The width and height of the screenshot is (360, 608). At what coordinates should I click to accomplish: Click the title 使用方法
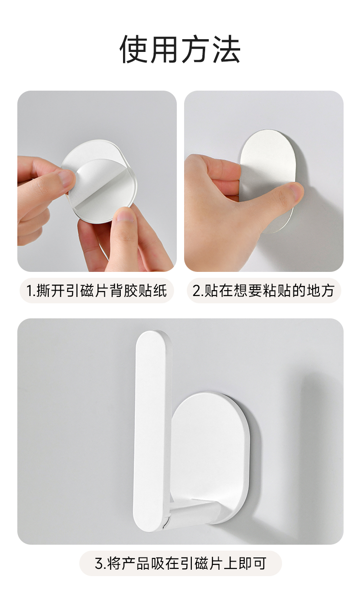click(x=180, y=49)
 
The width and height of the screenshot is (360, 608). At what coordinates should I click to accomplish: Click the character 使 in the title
click(x=134, y=49)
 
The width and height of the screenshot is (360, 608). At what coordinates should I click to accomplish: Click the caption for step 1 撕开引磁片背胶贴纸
click(x=97, y=291)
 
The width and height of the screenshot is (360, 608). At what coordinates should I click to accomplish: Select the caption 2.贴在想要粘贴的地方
click(x=263, y=291)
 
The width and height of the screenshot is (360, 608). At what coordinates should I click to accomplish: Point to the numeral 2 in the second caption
click(x=196, y=291)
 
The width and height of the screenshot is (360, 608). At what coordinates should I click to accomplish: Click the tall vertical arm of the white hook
click(x=152, y=429)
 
